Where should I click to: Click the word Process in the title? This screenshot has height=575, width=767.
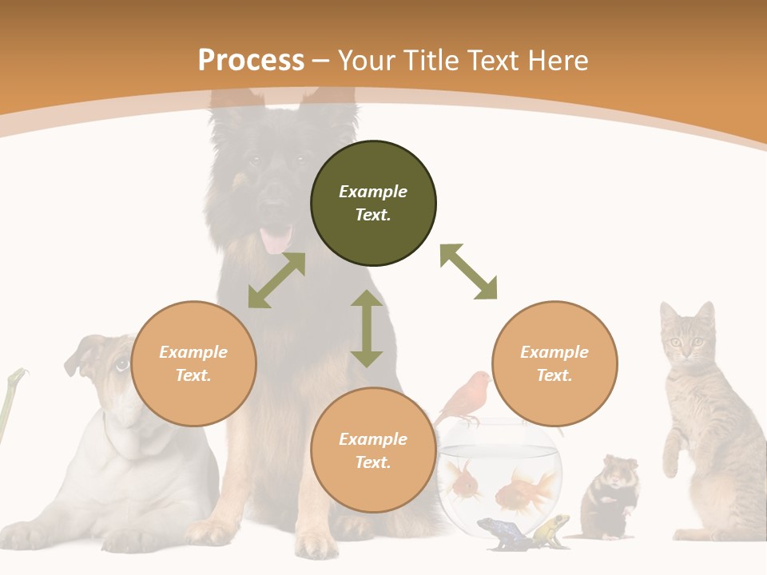tap(251, 61)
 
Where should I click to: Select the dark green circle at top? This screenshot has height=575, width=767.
tap(373, 203)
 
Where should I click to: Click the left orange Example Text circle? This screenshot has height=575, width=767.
tap(193, 363)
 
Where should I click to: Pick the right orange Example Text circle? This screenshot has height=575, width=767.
tap(554, 363)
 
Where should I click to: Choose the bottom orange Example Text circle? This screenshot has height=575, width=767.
tap(373, 450)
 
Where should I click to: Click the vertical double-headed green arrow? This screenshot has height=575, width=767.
tap(367, 328)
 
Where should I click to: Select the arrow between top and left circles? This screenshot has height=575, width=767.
tap(276, 280)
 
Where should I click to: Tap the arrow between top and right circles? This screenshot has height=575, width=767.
tap(468, 272)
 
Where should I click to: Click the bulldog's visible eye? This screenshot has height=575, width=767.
tap(121, 365)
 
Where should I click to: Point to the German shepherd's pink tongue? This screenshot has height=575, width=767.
tap(276, 239)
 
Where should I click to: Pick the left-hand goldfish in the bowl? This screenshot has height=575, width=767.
tap(466, 482)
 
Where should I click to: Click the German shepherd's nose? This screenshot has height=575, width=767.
tap(273, 208)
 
